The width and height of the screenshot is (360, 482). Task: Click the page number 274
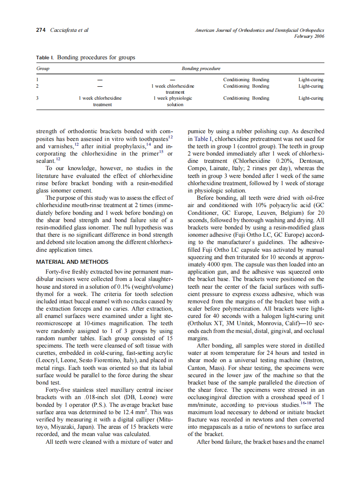(41, 30)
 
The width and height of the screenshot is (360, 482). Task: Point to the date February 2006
(309, 36)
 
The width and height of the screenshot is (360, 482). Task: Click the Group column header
(43, 68)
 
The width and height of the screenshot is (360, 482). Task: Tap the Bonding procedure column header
(201, 68)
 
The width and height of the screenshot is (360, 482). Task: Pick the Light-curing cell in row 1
(311, 79)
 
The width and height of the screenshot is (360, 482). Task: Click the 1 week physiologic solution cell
(173, 101)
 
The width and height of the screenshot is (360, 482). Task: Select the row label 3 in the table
(37, 98)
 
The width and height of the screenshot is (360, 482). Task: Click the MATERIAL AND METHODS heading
(72, 262)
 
